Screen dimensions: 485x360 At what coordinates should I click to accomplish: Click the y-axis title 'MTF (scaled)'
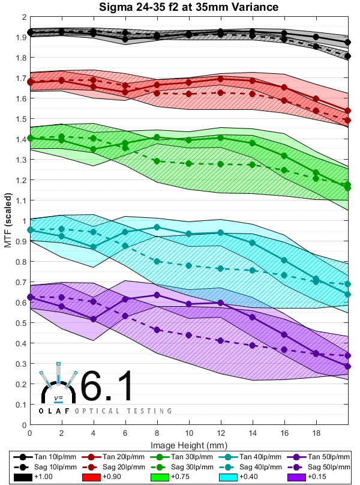(8, 220)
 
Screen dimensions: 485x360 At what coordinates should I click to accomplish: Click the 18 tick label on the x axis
(316, 433)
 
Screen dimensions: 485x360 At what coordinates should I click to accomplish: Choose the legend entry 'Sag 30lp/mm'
(186, 466)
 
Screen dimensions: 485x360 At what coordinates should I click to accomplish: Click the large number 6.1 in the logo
(107, 387)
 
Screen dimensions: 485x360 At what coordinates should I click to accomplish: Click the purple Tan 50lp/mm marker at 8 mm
(157, 295)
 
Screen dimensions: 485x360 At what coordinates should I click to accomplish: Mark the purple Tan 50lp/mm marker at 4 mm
(93, 319)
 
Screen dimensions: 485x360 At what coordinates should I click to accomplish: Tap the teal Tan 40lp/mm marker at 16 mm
(284, 260)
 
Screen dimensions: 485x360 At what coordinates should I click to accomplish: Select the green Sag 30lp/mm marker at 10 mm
(189, 163)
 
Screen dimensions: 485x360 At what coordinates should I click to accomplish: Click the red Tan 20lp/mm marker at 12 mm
(221, 79)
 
